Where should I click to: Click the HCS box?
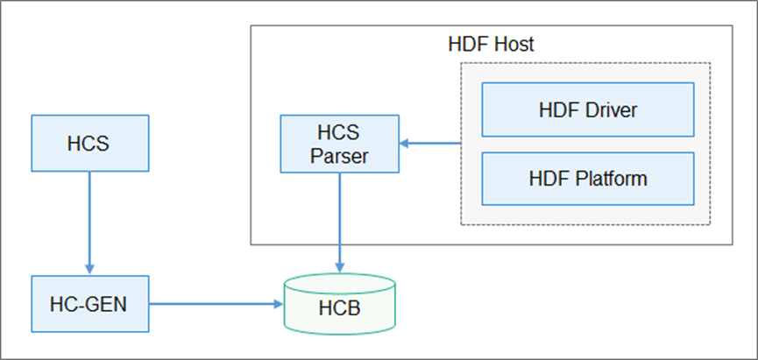[88, 142]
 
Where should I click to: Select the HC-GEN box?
[88, 304]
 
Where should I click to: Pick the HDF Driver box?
[587, 110]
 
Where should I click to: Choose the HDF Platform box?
[587, 179]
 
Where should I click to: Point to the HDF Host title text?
[491, 44]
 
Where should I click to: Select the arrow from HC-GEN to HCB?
[215, 304]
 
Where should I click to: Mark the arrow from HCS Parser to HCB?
[340, 219]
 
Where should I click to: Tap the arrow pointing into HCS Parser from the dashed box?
[429, 143]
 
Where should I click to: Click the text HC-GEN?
[88, 304]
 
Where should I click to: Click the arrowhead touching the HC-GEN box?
[88, 269]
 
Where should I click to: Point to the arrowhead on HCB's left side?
[278, 304]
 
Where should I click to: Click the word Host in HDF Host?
[512, 44]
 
